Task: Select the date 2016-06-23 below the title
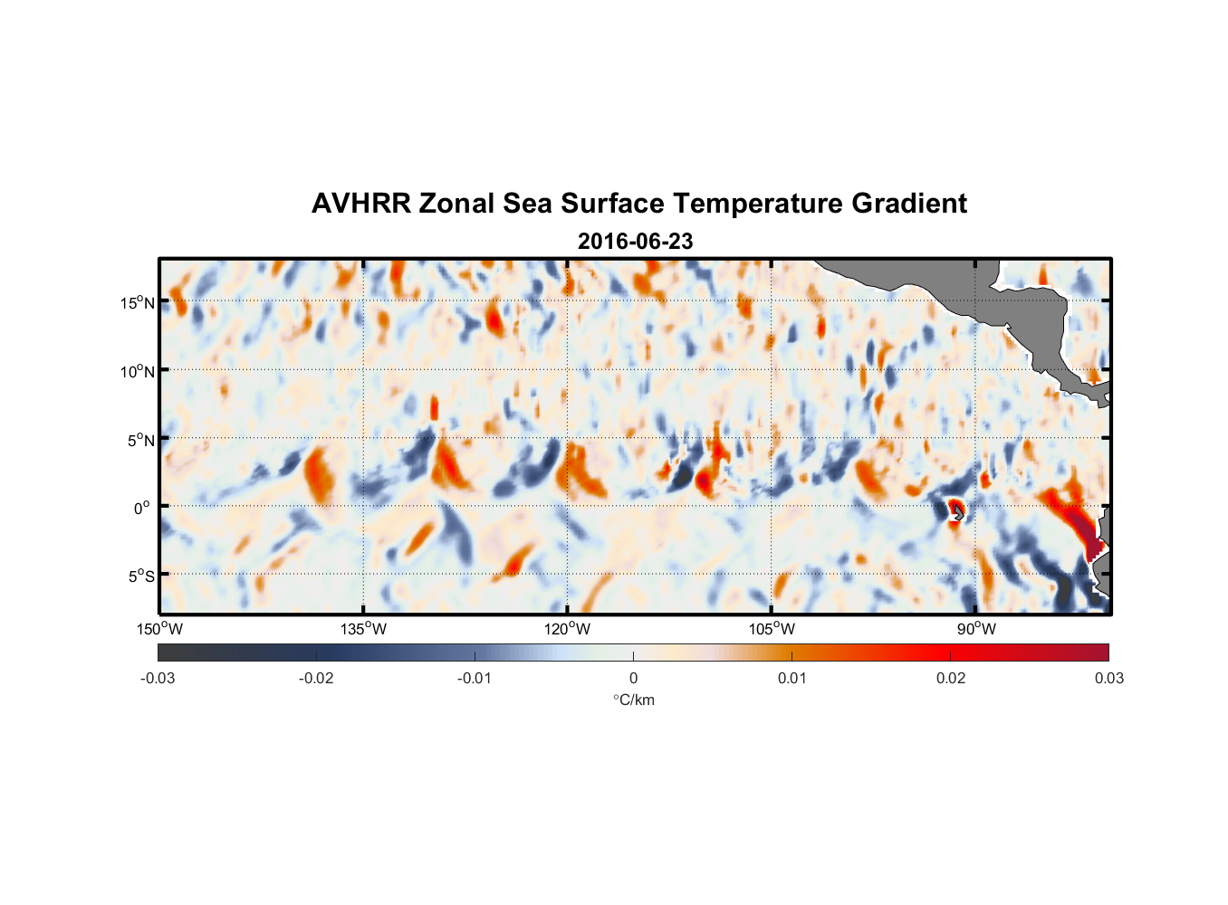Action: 635,242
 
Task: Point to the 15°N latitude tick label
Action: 137,302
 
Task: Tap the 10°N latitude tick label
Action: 137,371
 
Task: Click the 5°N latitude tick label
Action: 140,440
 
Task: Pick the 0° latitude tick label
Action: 142,508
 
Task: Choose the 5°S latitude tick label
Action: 140,576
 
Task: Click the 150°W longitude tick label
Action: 159,629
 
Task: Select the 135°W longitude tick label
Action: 363,629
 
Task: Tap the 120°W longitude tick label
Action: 567,629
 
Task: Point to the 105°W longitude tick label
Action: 772,629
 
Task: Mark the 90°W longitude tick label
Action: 975,629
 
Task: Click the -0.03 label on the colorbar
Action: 158,678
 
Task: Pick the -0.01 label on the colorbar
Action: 474,678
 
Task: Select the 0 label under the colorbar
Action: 633,678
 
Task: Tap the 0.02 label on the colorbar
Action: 950,678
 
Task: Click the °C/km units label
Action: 633,700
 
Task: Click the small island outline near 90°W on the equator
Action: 957,512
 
